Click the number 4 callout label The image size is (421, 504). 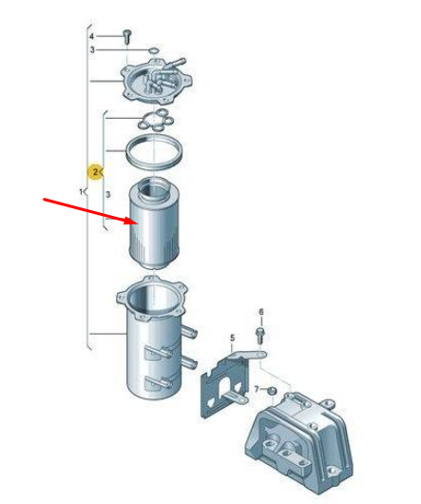(92, 36)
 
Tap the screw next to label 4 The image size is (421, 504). (127, 36)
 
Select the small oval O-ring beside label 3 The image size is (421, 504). (154, 50)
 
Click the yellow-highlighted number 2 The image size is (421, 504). (95, 172)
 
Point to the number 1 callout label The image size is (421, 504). (81, 192)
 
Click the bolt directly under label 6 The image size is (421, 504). (260, 336)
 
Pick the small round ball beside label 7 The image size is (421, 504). (273, 391)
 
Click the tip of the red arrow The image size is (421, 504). (138, 223)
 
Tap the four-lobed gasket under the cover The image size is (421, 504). (156, 120)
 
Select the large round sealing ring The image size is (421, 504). (154, 152)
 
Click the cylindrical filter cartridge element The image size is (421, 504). (154, 223)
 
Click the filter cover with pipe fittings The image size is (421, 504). (157, 81)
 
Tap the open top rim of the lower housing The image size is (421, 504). (152, 298)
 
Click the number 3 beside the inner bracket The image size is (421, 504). (108, 194)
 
